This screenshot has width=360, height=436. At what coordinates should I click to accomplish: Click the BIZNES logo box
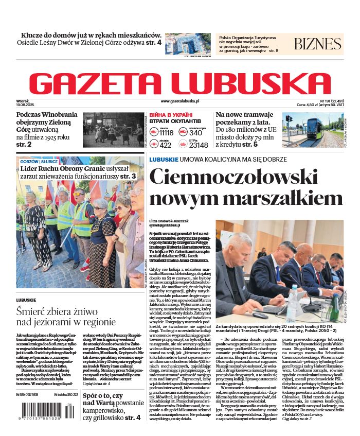[318, 44]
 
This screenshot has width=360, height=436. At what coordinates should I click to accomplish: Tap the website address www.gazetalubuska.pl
[179, 101]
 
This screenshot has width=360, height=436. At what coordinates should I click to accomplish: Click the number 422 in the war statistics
[166, 145]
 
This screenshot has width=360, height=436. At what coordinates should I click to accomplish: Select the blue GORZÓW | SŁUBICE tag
[40, 162]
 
